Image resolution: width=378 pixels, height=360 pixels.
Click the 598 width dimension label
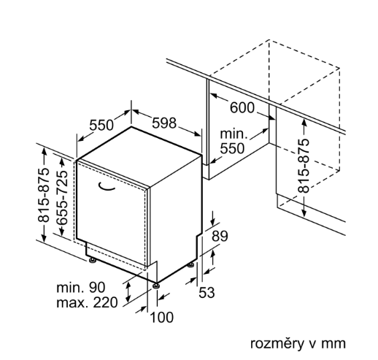(x=164, y=123)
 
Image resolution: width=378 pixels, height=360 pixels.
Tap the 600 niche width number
(x=242, y=107)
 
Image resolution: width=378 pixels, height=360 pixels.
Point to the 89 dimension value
(x=220, y=236)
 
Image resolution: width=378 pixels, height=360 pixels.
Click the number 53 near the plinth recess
(x=207, y=292)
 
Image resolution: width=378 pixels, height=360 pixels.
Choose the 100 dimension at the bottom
(x=162, y=317)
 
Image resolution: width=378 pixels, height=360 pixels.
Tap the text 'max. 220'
(x=87, y=302)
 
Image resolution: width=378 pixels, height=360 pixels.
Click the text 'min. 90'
(x=81, y=288)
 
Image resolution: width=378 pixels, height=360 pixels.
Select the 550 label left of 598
(x=101, y=125)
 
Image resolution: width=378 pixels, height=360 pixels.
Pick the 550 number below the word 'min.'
(x=232, y=148)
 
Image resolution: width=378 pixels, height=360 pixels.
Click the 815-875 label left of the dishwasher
(x=44, y=196)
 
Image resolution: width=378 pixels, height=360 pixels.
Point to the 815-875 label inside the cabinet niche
(x=304, y=166)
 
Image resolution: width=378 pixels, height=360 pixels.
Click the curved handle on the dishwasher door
(x=107, y=186)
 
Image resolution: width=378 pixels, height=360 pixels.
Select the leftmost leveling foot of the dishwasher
(x=93, y=261)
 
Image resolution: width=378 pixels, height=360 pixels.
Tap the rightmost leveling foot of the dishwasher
(x=190, y=264)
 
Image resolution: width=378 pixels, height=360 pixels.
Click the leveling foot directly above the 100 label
(x=156, y=286)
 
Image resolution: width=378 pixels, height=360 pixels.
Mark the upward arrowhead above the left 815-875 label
(x=44, y=151)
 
